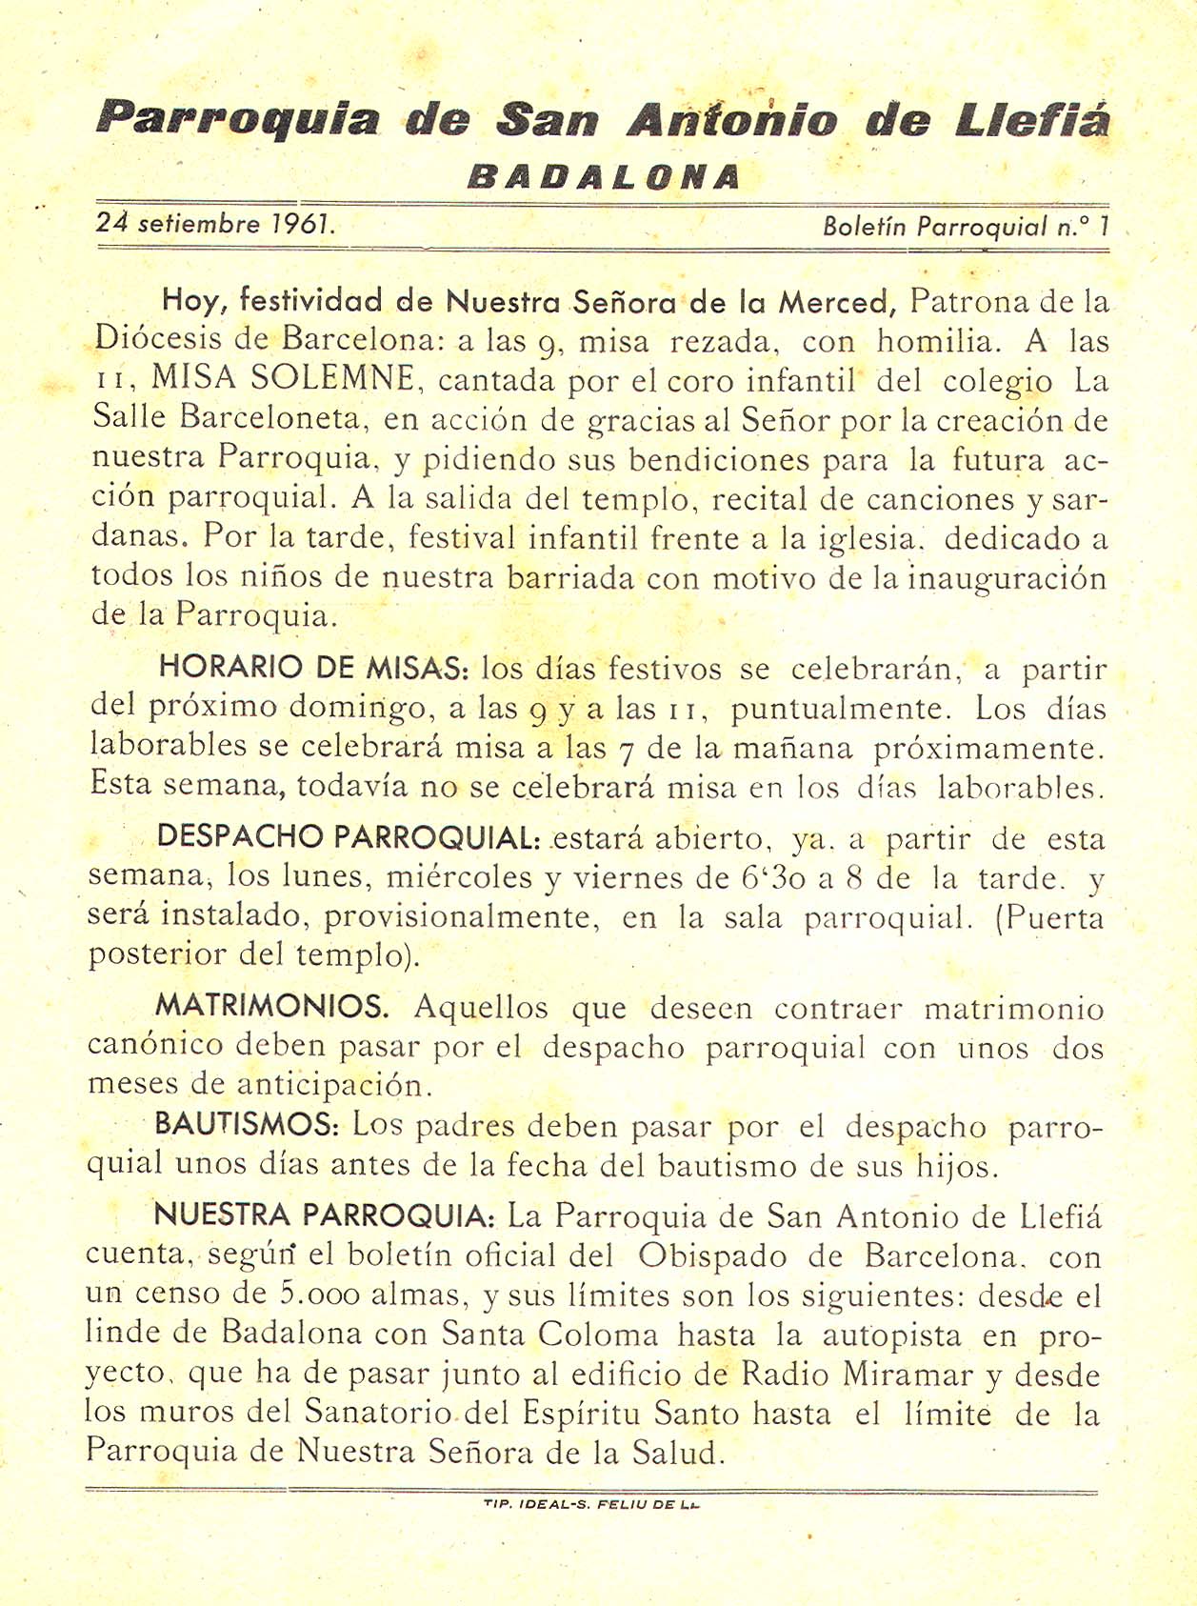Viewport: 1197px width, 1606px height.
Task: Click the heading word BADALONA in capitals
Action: click(604, 177)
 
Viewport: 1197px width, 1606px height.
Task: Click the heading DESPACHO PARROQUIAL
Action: click(349, 837)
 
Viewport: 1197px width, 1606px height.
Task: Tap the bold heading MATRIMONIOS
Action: click(271, 1006)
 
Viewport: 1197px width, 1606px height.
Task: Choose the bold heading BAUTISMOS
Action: click(247, 1125)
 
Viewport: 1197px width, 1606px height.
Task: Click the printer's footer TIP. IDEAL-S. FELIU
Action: click(592, 1504)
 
